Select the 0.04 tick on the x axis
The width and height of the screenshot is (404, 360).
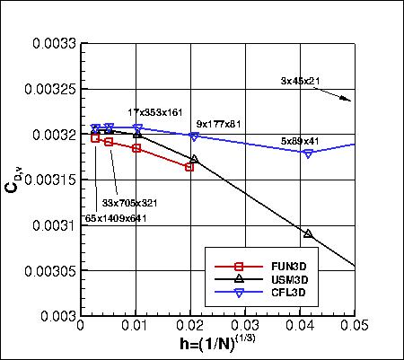pyautogui.click(x=301, y=329)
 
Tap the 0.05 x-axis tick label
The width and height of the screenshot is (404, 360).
pyautogui.click(x=356, y=329)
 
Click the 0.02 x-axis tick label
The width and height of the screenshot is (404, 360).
pyautogui.click(x=190, y=329)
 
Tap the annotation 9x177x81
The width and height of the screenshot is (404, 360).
pyautogui.click(x=220, y=124)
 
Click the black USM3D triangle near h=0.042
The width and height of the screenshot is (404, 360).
pyautogui.click(x=308, y=233)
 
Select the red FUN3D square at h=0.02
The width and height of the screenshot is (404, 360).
pyautogui.click(x=189, y=167)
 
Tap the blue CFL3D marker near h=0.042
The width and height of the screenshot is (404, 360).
pyautogui.click(x=308, y=154)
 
